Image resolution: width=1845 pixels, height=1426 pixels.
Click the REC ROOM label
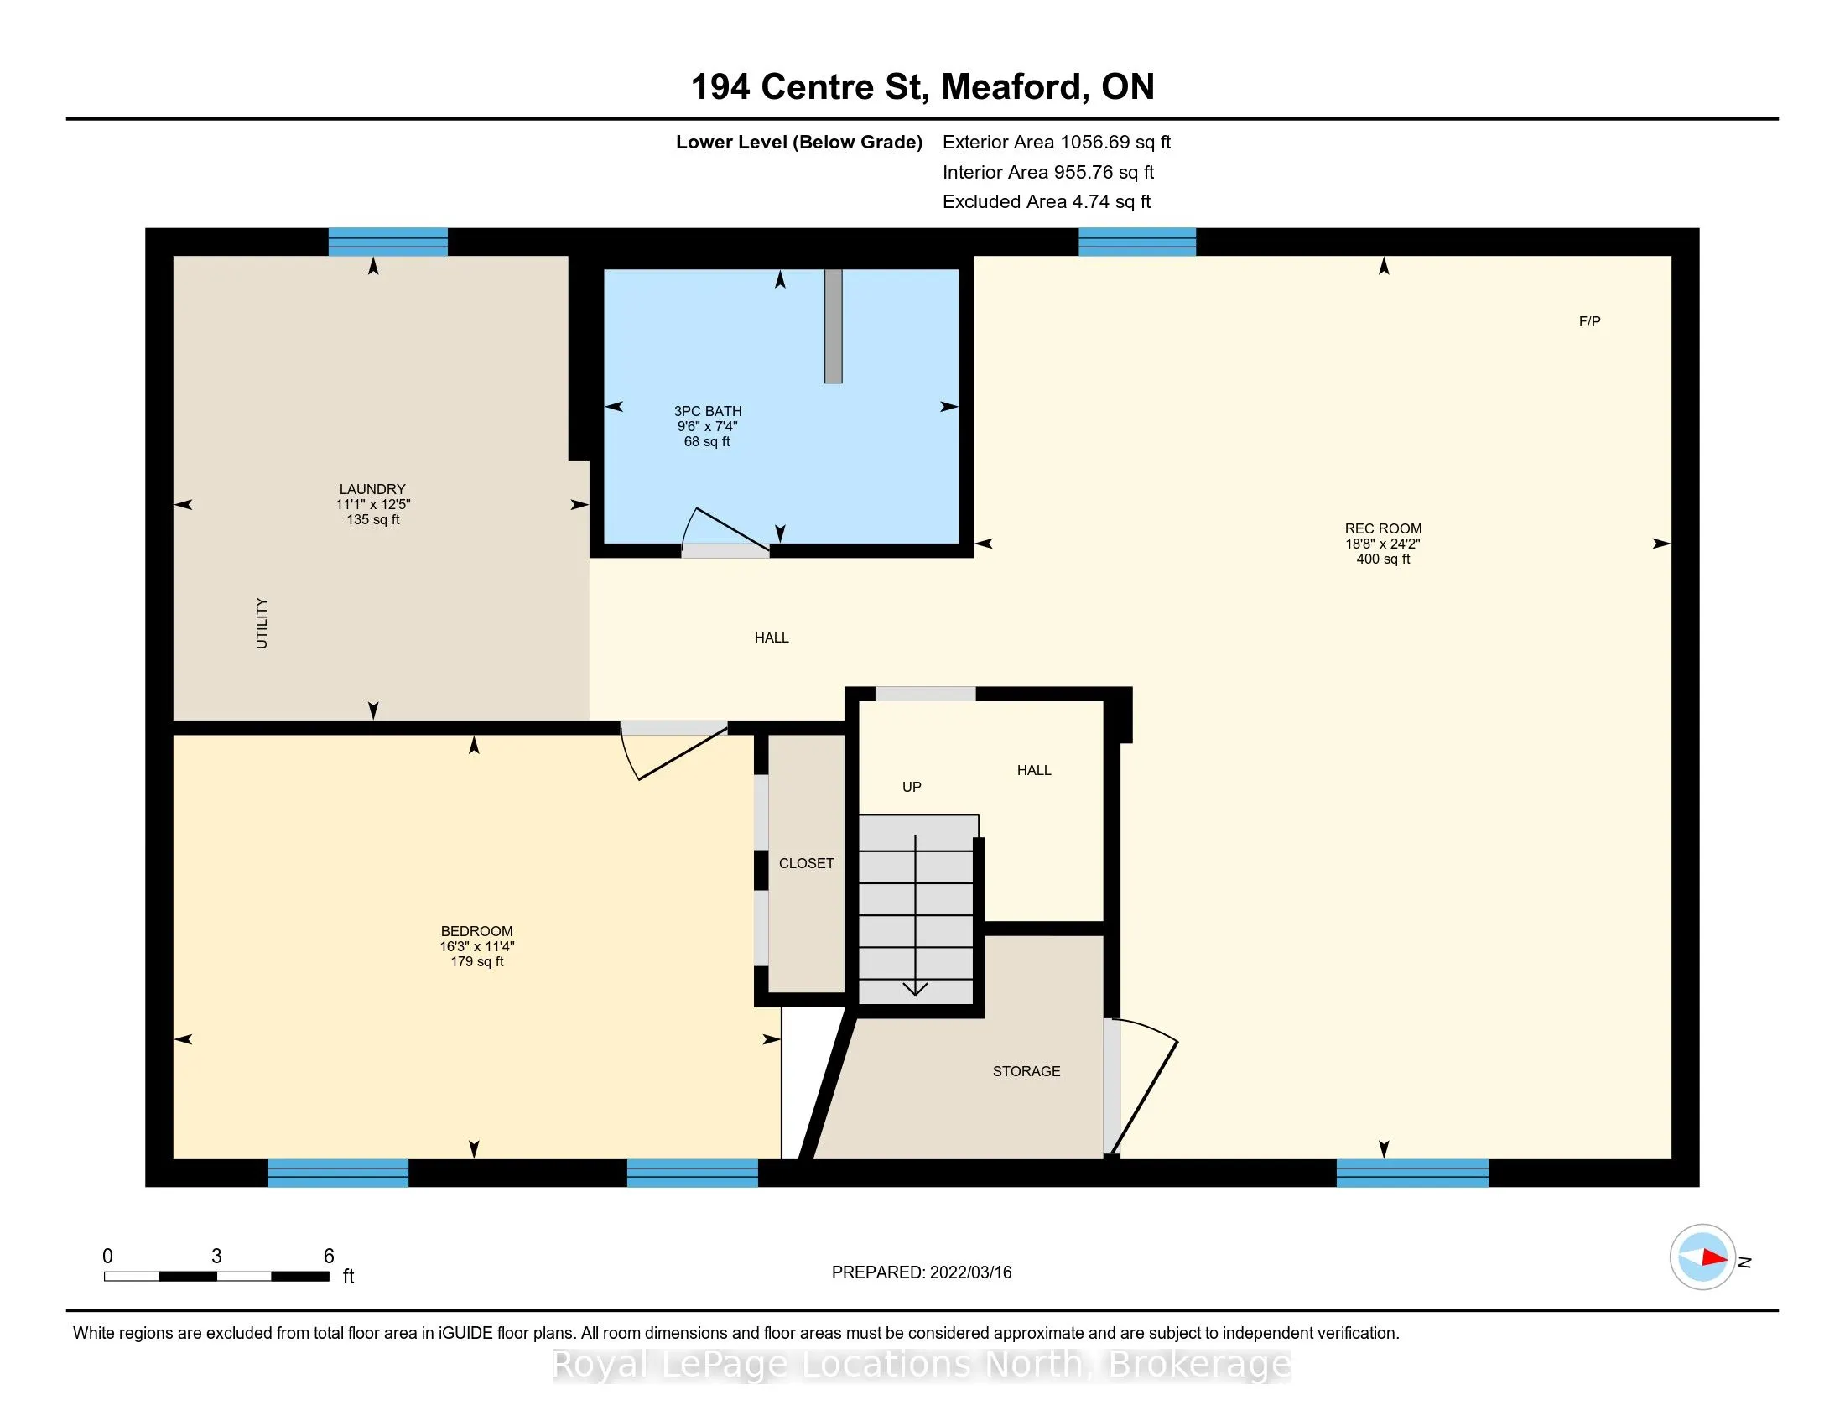[x=1383, y=528]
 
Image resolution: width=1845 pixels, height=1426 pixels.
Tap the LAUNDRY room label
[x=372, y=489]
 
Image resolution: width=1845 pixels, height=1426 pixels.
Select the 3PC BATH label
[x=708, y=411]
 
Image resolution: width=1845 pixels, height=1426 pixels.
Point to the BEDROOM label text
[x=476, y=931]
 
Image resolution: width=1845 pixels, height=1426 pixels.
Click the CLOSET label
[x=806, y=863]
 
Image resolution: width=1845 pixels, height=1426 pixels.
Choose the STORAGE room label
[x=1026, y=1071]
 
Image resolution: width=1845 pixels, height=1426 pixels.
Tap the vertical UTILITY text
[x=262, y=623]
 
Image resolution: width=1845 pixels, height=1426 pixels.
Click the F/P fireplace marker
[x=1590, y=321]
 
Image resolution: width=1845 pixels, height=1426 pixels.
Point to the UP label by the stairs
[x=912, y=787]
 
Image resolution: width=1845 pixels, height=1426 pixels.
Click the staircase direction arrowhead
[x=916, y=988]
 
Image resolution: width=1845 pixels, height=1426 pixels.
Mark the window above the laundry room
[x=387, y=242]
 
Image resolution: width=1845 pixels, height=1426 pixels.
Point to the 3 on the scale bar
[x=217, y=1257]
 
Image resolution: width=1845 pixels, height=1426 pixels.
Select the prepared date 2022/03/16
[x=969, y=1272]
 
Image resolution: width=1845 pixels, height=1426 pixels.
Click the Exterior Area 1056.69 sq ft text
[x=1057, y=142]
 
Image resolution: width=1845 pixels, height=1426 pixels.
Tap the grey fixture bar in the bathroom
[x=834, y=326]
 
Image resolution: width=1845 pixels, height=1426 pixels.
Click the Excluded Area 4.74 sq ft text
[x=1047, y=201]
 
